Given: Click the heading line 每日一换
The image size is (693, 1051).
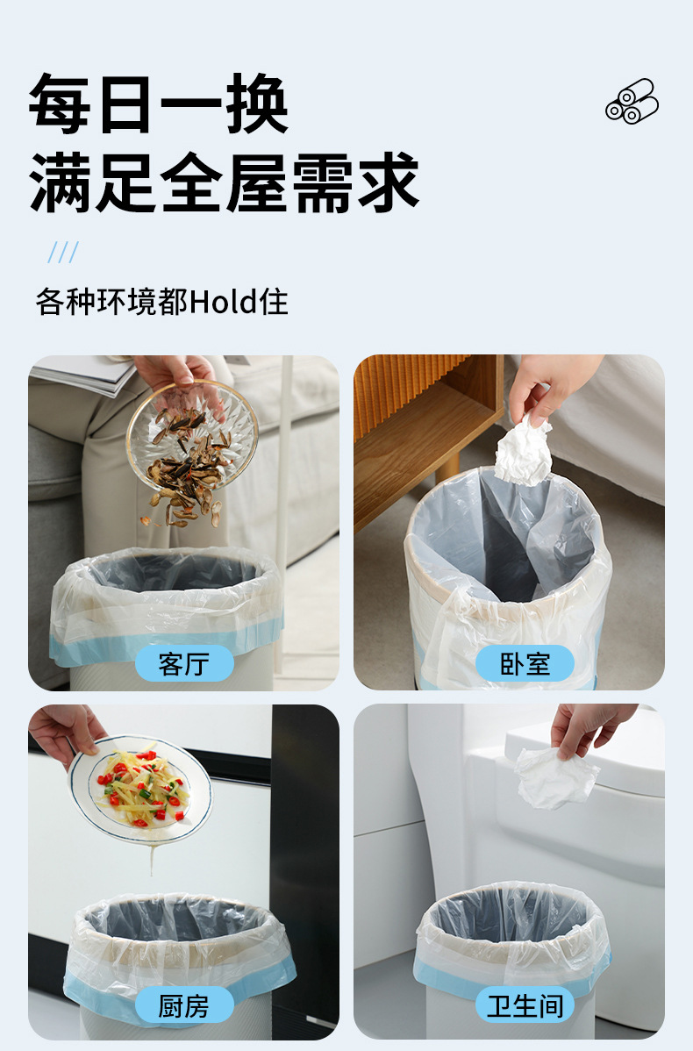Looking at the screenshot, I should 159,104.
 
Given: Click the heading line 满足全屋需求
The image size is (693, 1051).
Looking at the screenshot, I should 225,182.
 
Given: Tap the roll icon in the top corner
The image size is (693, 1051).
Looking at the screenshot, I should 632,101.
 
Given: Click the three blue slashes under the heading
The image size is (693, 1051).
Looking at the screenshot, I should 63,253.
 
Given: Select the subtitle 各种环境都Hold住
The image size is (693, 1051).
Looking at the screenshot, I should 161,302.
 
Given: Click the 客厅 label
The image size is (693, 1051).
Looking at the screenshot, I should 184,664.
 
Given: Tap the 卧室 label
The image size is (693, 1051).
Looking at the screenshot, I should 525,664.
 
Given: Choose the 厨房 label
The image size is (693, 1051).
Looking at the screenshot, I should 184,1005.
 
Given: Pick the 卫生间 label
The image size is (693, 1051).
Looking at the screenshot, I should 525,1005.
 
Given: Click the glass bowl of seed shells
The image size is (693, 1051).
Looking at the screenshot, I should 191,439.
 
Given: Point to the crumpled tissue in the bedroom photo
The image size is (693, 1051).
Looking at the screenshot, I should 523,451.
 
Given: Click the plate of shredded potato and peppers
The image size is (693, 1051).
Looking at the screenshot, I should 140,788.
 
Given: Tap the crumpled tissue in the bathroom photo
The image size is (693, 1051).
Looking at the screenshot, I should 555,776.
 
